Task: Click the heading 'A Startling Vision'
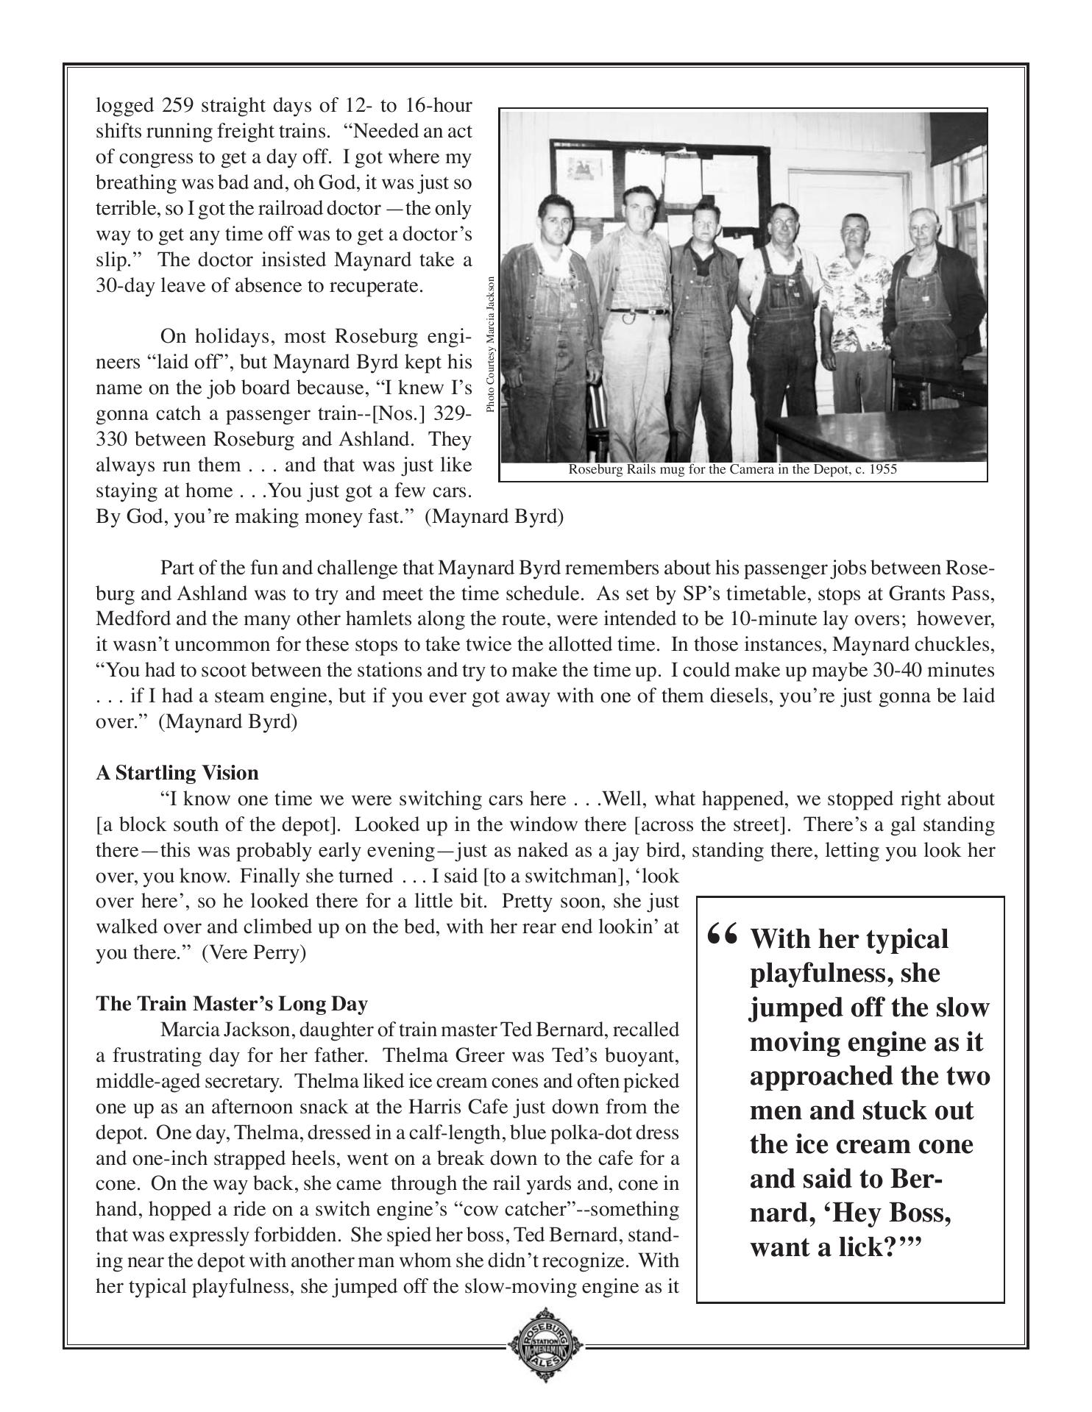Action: coord(177,773)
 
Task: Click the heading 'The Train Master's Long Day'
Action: coord(232,1004)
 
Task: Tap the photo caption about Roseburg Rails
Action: coord(732,470)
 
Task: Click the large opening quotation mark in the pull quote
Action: coord(721,936)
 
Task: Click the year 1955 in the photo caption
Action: coord(883,470)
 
